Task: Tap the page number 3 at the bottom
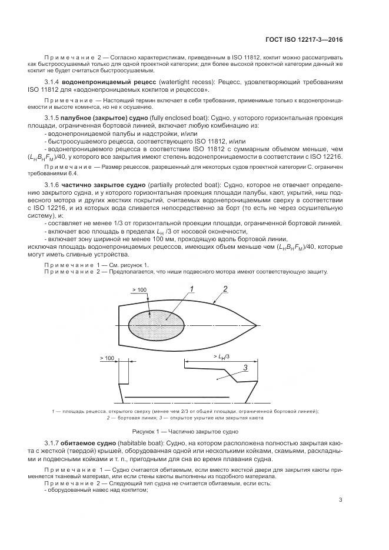pyautogui.click(x=341, y=500)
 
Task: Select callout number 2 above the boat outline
pyautogui.click(x=225, y=288)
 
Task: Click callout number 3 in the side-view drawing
pyautogui.click(x=245, y=368)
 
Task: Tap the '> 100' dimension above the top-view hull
pyautogui.click(x=139, y=290)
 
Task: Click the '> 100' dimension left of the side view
pyautogui.click(x=107, y=358)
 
